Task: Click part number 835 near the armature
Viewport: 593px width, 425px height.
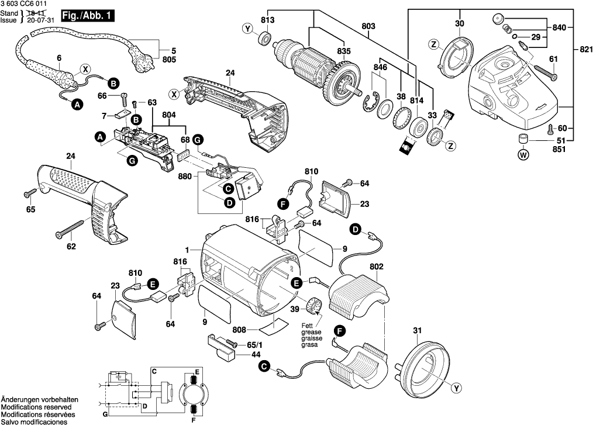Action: click(x=344, y=51)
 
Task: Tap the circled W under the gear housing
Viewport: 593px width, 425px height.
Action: click(x=523, y=155)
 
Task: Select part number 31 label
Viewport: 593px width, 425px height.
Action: click(x=416, y=331)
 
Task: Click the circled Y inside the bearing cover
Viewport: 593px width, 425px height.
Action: click(x=456, y=387)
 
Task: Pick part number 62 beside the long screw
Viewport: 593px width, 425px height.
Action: click(x=71, y=247)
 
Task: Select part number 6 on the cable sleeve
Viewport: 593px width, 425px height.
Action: click(x=59, y=57)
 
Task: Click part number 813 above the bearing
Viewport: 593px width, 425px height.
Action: click(x=267, y=20)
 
